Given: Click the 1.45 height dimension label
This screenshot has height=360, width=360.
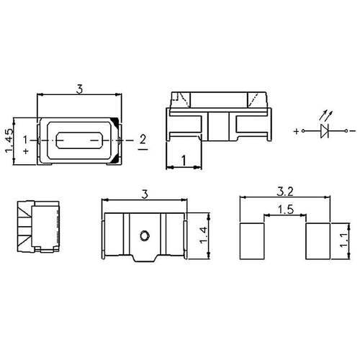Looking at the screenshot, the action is pos(9,140).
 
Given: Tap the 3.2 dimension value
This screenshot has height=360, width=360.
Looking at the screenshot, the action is pos(285,192).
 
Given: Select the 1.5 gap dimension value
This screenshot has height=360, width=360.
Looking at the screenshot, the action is pos(286,210).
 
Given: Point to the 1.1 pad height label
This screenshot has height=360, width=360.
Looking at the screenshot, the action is pos(344,240).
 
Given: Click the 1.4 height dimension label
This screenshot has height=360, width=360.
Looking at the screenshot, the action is pos(203,235).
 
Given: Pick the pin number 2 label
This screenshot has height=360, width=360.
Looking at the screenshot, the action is pos(143,139).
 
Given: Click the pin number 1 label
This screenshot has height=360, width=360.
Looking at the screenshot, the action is pos(25,140).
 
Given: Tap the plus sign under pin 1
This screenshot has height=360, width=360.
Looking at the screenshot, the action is pos(26,151).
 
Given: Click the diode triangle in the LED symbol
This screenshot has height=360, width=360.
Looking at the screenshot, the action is pos(325,131).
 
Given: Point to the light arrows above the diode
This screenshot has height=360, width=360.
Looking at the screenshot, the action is pos(326,115).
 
